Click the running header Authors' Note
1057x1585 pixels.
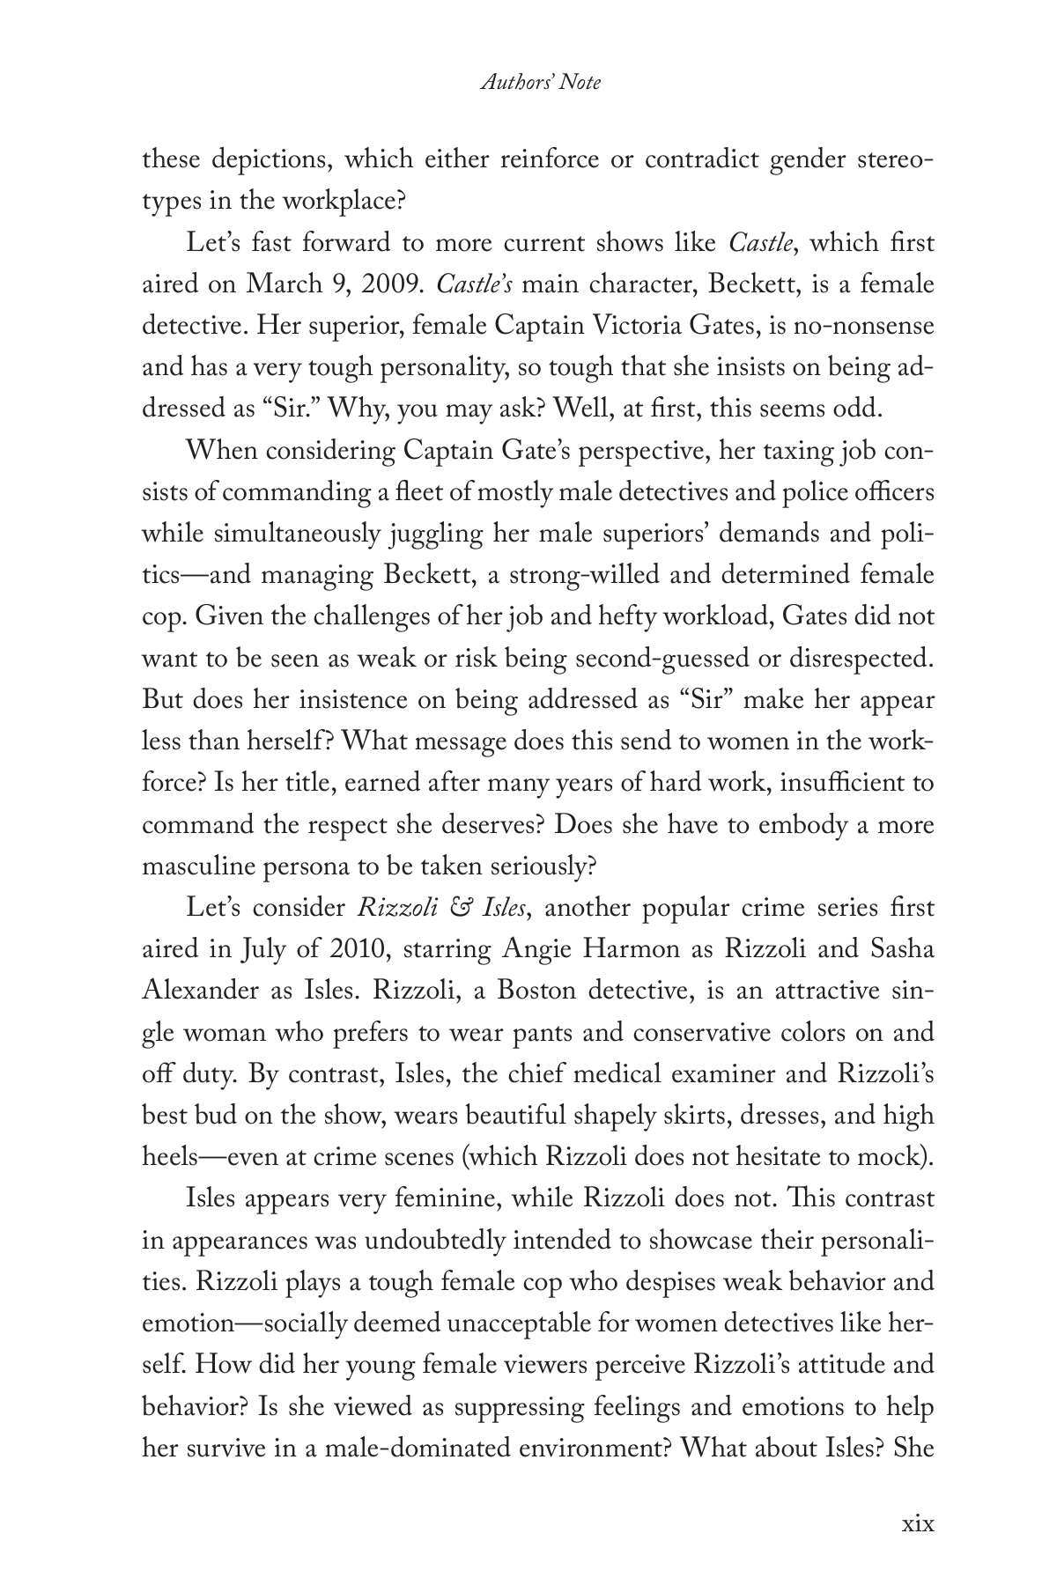(541, 83)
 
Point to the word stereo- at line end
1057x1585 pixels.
(890, 160)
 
